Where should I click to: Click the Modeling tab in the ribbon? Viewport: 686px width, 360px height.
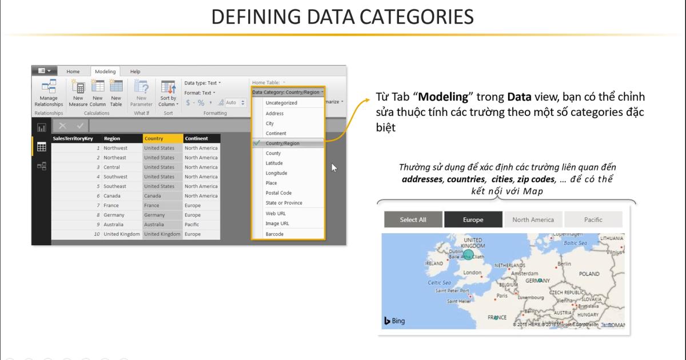pyautogui.click(x=105, y=71)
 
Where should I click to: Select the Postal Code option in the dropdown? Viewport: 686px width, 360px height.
pyautogui.click(x=278, y=193)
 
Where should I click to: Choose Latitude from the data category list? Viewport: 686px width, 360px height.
pyautogui.click(x=274, y=163)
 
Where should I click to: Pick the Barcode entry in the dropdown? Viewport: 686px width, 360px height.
pyautogui.click(x=274, y=234)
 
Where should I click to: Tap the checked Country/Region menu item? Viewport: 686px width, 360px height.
pyautogui.click(x=282, y=143)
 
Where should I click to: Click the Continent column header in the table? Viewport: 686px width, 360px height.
pyautogui.click(x=196, y=138)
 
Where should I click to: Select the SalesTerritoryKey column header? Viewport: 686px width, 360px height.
pyautogui.click(x=74, y=138)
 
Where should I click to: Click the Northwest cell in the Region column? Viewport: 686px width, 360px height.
pyautogui.click(x=115, y=148)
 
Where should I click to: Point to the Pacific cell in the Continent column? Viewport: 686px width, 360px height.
pyautogui.click(x=193, y=225)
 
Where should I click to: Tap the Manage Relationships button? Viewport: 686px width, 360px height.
pyautogui.click(x=49, y=95)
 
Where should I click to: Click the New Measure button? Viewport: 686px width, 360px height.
pyautogui.click(x=78, y=95)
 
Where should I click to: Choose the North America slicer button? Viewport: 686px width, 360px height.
pyautogui.click(x=533, y=219)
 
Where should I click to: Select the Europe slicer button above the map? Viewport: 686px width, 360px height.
pyautogui.click(x=473, y=219)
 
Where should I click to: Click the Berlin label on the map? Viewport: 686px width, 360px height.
pyautogui.click(x=564, y=264)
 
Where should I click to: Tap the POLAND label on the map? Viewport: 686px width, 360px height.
pyautogui.click(x=589, y=274)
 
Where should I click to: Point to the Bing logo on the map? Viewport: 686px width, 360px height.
pyautogui.click(x=394, y=321)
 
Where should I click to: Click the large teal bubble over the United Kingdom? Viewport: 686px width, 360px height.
pyautogui.click(x=468, y=254)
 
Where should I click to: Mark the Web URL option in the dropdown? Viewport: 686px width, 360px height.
pyautogui.click(x=276, y=213)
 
